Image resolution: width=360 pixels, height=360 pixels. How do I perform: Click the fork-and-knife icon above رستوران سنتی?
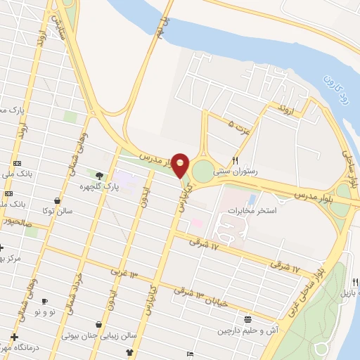(235, 160)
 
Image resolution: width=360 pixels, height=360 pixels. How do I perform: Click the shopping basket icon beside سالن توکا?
(76, 200)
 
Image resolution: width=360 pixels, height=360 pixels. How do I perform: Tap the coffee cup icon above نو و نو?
(44, 301)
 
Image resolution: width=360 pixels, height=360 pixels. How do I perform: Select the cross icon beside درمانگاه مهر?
(13, 337)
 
